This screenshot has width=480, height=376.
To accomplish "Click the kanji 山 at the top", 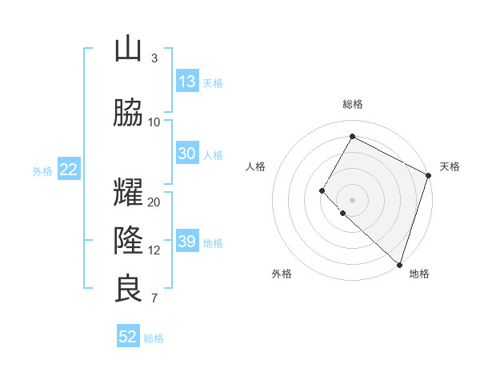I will point(128,49).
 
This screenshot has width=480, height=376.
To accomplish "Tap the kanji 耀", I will point(128,193).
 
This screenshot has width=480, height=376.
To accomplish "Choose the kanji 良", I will point(128,289).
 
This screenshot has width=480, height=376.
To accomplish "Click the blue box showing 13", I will point(187,82).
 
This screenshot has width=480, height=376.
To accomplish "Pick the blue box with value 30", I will point(187,154).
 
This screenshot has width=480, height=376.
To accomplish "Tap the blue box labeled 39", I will point(187,242).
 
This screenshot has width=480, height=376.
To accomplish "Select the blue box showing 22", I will point(68,170).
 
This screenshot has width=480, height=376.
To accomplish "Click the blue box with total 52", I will point(128,337).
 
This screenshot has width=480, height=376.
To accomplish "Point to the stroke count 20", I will point(154,202).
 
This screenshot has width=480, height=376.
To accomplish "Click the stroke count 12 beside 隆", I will point(154,250).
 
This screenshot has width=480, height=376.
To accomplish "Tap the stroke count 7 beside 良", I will point(154,298).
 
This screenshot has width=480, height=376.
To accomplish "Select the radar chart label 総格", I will point(352,104).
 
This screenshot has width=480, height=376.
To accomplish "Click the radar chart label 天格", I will point(450,166).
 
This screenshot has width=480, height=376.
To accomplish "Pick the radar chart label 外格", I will point(282,274).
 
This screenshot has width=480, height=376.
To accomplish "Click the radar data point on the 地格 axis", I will point(399,264).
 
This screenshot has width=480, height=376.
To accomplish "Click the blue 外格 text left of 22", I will point(42,170).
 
